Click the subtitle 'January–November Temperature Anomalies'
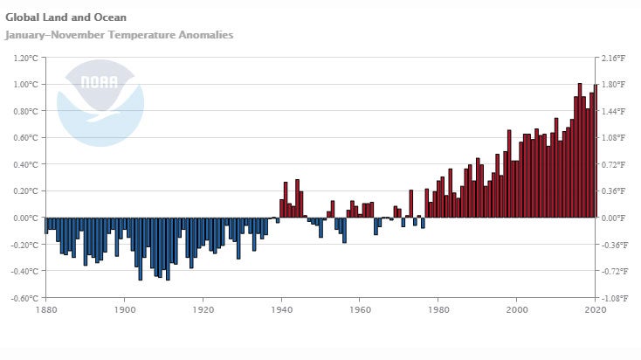pyautogui.click(x=120, y=35)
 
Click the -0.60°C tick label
pyautogui.click(x=24, y=297)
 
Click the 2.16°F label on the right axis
pyautogui.click(x=617, y=58)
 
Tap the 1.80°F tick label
pyautogui.click(x=617, y=84)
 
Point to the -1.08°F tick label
pyautogui.click(x=617, y=297)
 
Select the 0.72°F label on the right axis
pyautogui.click(x=617, y=164)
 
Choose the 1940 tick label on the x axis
pyautogui.click(x=280, y=309)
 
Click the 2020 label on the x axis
pyautogui.click(x=595, y=309)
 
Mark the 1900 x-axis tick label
pyautogui.click(x=124, y=309)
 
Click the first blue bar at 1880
pyautogui.click(x=46, y=225)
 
